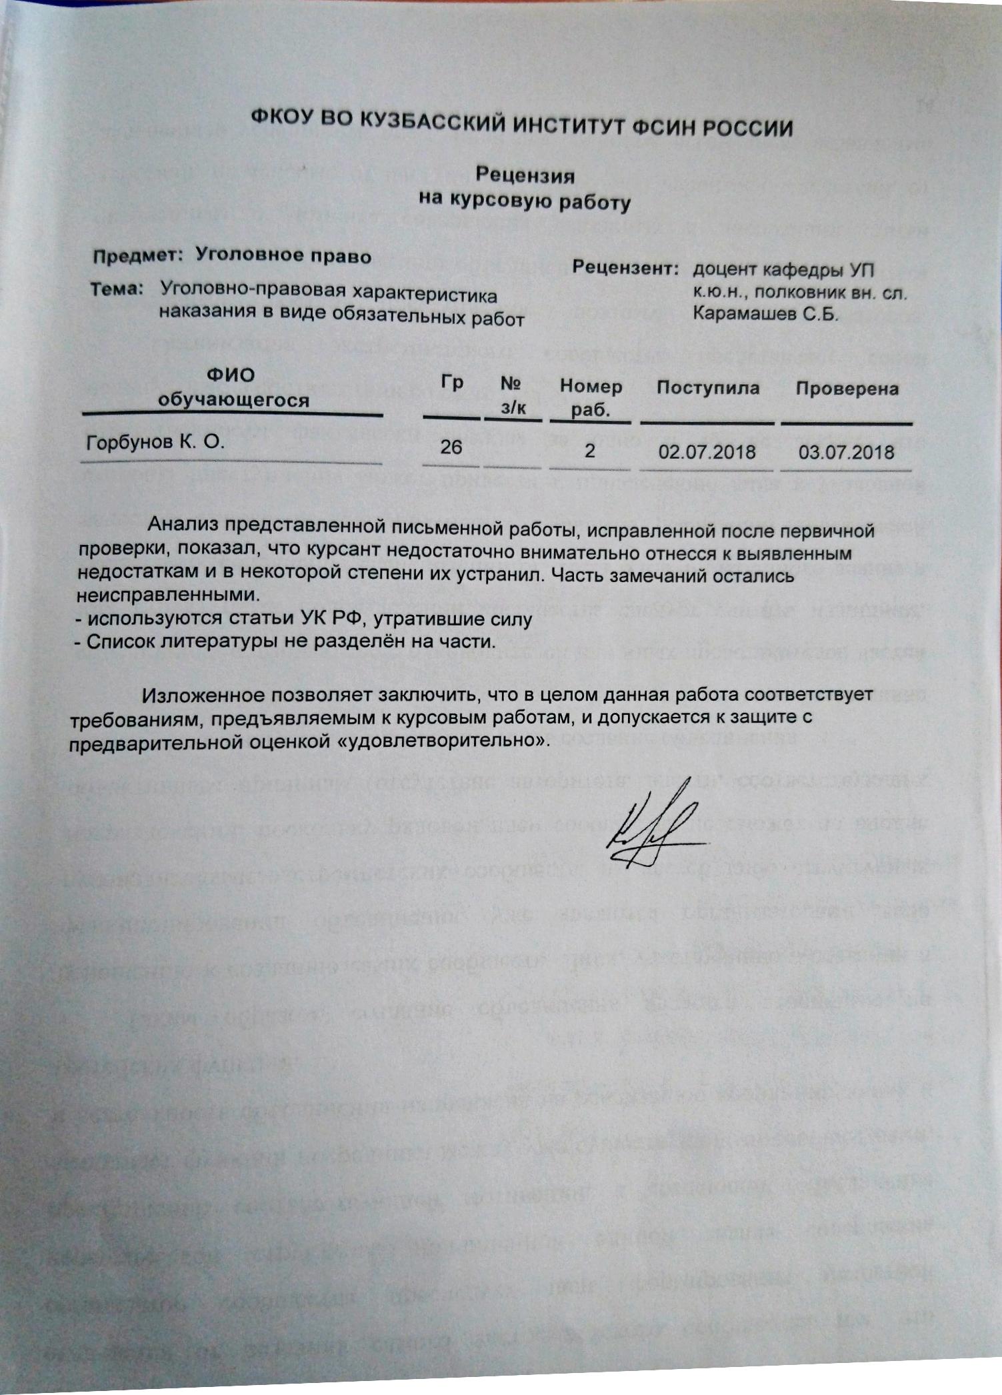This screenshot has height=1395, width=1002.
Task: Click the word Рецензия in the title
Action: [525, 175]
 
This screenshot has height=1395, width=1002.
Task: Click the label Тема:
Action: [117, 289]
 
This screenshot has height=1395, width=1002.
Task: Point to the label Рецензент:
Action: [625, 268]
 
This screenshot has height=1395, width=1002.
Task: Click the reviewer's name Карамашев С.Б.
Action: [765, 313]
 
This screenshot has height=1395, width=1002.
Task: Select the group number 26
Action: [451, 446]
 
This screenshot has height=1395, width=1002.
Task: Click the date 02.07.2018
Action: [707, 452]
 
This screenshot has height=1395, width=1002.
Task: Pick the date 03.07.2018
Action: [846, 453]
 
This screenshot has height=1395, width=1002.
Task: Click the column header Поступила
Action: [708, 387]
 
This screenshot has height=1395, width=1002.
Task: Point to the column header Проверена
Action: [847, 389]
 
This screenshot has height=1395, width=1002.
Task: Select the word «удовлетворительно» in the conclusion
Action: [437, 740]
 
